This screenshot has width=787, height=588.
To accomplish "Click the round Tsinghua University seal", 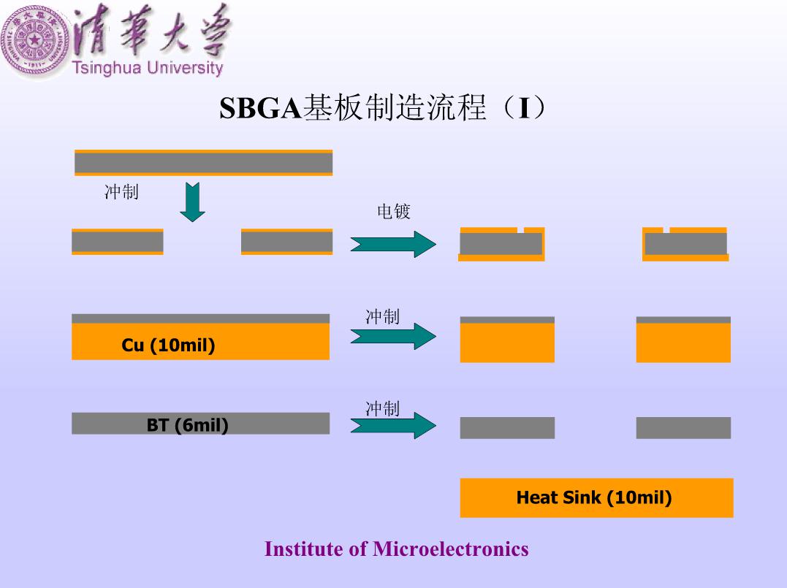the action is [x=35, y=41].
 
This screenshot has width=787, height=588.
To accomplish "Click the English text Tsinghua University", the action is [x=148, y=68].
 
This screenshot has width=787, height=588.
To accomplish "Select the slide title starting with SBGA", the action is [x=382, y=107].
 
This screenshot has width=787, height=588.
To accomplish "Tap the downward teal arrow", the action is [x=193, y=202].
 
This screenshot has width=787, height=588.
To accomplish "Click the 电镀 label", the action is [x=394, y=211].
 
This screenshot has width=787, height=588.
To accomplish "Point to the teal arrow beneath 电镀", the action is [x=393, y=245].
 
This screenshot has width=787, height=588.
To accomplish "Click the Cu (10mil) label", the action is [x=168, y=345].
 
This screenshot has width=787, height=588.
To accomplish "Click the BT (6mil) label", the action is [x=188, y=425].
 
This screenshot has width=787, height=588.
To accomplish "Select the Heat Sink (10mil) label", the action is [x=594, y=497].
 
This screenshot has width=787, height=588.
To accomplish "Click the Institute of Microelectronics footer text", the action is [x=397, y=549].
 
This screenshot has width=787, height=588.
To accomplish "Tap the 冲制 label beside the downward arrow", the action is [x=121, y=191].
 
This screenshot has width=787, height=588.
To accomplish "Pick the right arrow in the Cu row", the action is [x=393, y=336].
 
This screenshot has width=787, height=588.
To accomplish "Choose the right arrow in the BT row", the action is [x=393, y=425].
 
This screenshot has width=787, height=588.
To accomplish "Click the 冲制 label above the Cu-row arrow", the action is [x=382, y=316].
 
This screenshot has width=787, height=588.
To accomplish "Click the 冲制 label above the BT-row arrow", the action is [x=382, y=408].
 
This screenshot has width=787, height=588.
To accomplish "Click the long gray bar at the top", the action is [x=204, y=163].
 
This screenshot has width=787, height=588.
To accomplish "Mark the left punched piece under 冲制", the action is [x=118, y=242].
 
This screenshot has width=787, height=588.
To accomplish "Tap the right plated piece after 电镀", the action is [x=685, y=245].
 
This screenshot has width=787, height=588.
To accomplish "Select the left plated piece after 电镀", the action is [x=501, y=245].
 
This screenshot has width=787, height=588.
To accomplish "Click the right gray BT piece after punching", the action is [x=684, y=428].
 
